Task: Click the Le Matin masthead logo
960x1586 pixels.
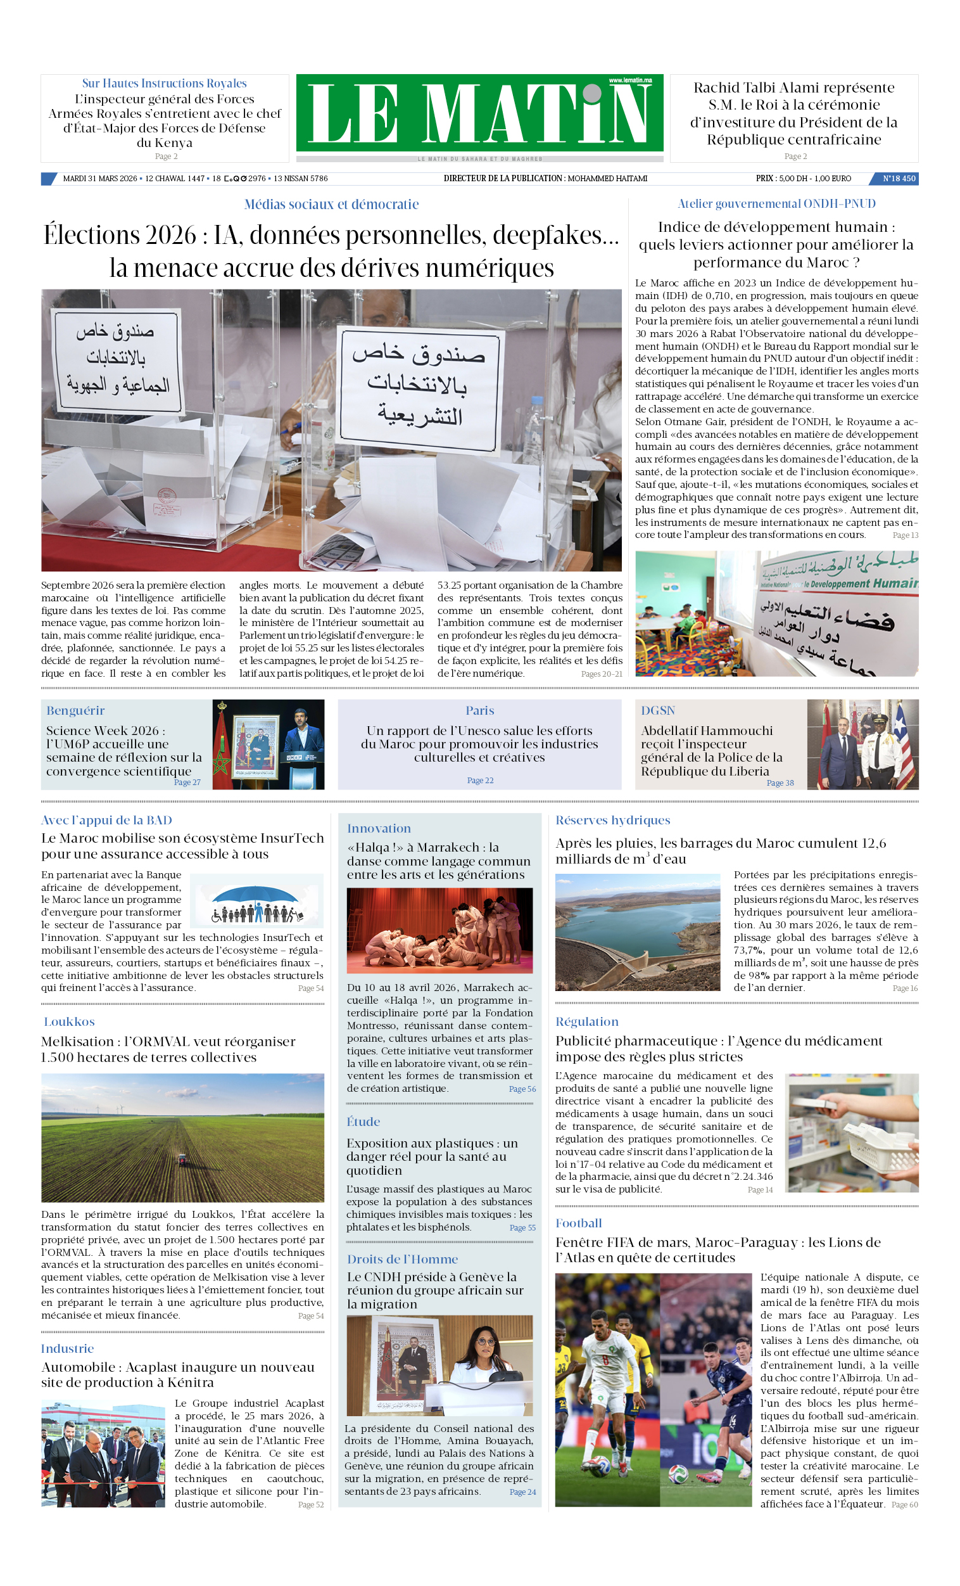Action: pos(479,113)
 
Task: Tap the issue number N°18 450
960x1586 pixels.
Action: pos(898,178)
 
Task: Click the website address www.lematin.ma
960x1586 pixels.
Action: pos(630,80)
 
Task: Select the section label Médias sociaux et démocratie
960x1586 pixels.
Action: pos(331,205)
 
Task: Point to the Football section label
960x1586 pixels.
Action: pos(578,1223)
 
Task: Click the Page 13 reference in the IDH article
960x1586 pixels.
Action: pos(905,535)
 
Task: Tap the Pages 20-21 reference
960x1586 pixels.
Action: pos(602,674)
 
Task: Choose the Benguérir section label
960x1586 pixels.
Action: pos(75,710)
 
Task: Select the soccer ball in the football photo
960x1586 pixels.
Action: pos(678,1474)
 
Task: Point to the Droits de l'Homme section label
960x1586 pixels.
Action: pos(402,1259)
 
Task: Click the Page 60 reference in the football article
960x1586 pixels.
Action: pos(904,1504)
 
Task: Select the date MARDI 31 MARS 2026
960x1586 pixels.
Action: pos(99,178)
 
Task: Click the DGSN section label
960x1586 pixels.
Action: pos(657,710)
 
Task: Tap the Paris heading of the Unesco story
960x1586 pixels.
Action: pos(479,710)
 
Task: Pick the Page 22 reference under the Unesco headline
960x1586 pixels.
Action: pos(480,780)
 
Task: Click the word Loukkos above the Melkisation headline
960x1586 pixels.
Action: pos(69,1021)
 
